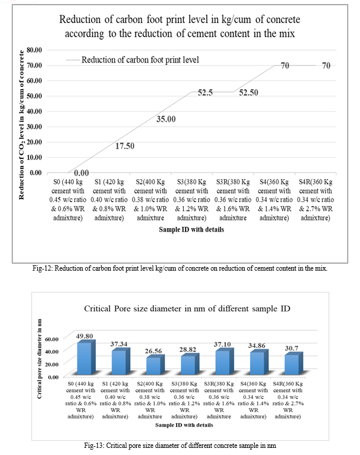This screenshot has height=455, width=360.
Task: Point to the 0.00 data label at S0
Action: click(77, 172)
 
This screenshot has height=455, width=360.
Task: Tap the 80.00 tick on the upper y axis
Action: click(34, 50)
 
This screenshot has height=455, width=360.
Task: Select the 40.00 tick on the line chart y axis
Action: click(34, 111)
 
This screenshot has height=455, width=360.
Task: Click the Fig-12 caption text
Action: click(180, 268)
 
